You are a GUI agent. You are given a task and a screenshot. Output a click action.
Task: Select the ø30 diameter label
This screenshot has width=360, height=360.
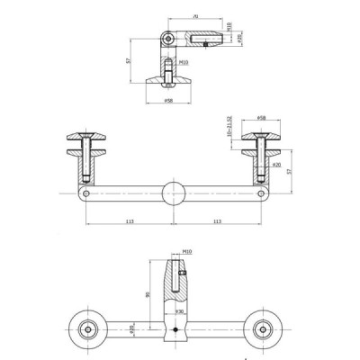[x=180, y=311]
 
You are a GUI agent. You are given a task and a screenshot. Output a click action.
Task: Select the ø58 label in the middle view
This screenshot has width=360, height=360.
[x=261, y=117]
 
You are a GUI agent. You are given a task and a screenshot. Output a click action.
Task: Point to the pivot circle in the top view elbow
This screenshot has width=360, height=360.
[x=166, y=39]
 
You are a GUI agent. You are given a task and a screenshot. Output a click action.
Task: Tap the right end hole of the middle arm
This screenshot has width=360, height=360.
[x=262, y=193]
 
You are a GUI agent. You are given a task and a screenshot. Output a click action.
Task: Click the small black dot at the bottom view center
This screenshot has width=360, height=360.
[x=174, y=330]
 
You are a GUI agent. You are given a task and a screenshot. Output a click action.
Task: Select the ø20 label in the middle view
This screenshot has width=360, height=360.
[x=277, y=165]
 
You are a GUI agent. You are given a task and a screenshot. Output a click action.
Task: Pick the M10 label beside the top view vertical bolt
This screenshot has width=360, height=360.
[x=184, y=63]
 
